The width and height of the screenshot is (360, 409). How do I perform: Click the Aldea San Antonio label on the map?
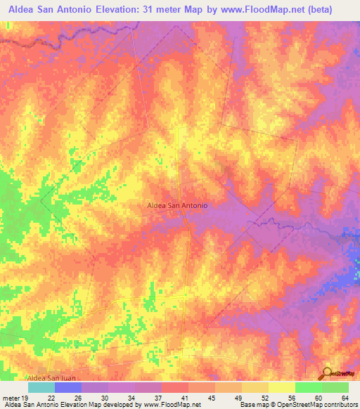176,204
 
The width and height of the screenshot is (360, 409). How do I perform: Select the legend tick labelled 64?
344,398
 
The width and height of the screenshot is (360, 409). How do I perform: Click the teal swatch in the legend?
41,387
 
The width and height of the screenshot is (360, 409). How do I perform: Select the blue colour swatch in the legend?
67,387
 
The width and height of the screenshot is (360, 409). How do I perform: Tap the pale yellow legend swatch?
281,387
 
